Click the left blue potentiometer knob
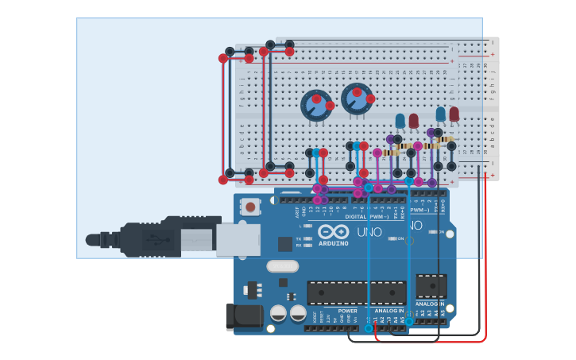(x=315, y=106)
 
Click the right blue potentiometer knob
(x=357, y=99)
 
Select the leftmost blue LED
(x=400, y=120)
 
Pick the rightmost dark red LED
(x=454, y=114)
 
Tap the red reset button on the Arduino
(x=250, y=207)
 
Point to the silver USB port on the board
(x=238, y=238)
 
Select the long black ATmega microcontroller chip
(x=356, y=292)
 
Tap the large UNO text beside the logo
(x=369, y=232)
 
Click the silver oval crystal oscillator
(x=282, y=266)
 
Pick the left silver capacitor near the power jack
(x=278, y=313)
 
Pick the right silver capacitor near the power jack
(x=298, y=313)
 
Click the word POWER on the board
(x=347, y=311)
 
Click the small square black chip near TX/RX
(x=284, y=244)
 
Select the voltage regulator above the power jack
(x=253, y=288)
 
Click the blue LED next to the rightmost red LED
(x=441, y=114)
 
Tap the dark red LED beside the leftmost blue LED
(x=414, y=120)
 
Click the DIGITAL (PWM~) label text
(x=367, y=216)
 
